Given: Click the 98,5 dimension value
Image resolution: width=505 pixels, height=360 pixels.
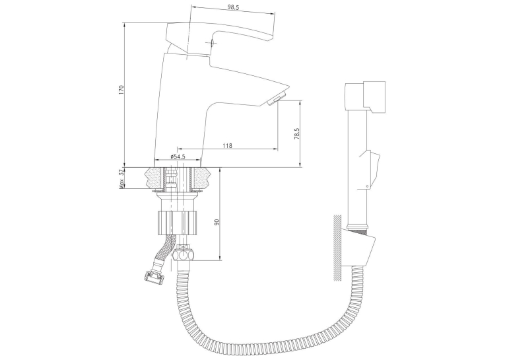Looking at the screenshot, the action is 234,8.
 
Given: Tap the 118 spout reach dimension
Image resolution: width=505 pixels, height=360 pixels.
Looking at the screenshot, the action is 227,146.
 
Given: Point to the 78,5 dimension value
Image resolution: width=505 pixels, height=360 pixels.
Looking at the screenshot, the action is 296,133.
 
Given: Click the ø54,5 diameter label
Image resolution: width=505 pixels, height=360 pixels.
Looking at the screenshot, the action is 178,157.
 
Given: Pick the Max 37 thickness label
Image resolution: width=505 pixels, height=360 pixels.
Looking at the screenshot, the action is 121,179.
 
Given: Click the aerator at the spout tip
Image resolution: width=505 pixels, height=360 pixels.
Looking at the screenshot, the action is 277,98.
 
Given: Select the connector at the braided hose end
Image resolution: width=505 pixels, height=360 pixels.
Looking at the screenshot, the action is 153,275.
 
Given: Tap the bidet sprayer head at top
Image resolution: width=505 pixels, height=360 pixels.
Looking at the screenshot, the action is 365,96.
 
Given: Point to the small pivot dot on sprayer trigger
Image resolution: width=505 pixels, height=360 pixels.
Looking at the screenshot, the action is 367,186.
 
